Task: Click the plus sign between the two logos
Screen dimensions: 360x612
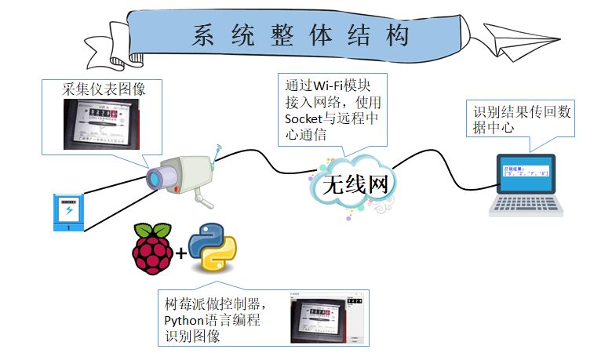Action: point(182,253)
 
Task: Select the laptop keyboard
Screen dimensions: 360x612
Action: point(527,205)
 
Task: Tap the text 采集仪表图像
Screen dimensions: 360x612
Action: point(104,89)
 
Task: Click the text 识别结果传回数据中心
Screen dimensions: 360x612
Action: point(522,119)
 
